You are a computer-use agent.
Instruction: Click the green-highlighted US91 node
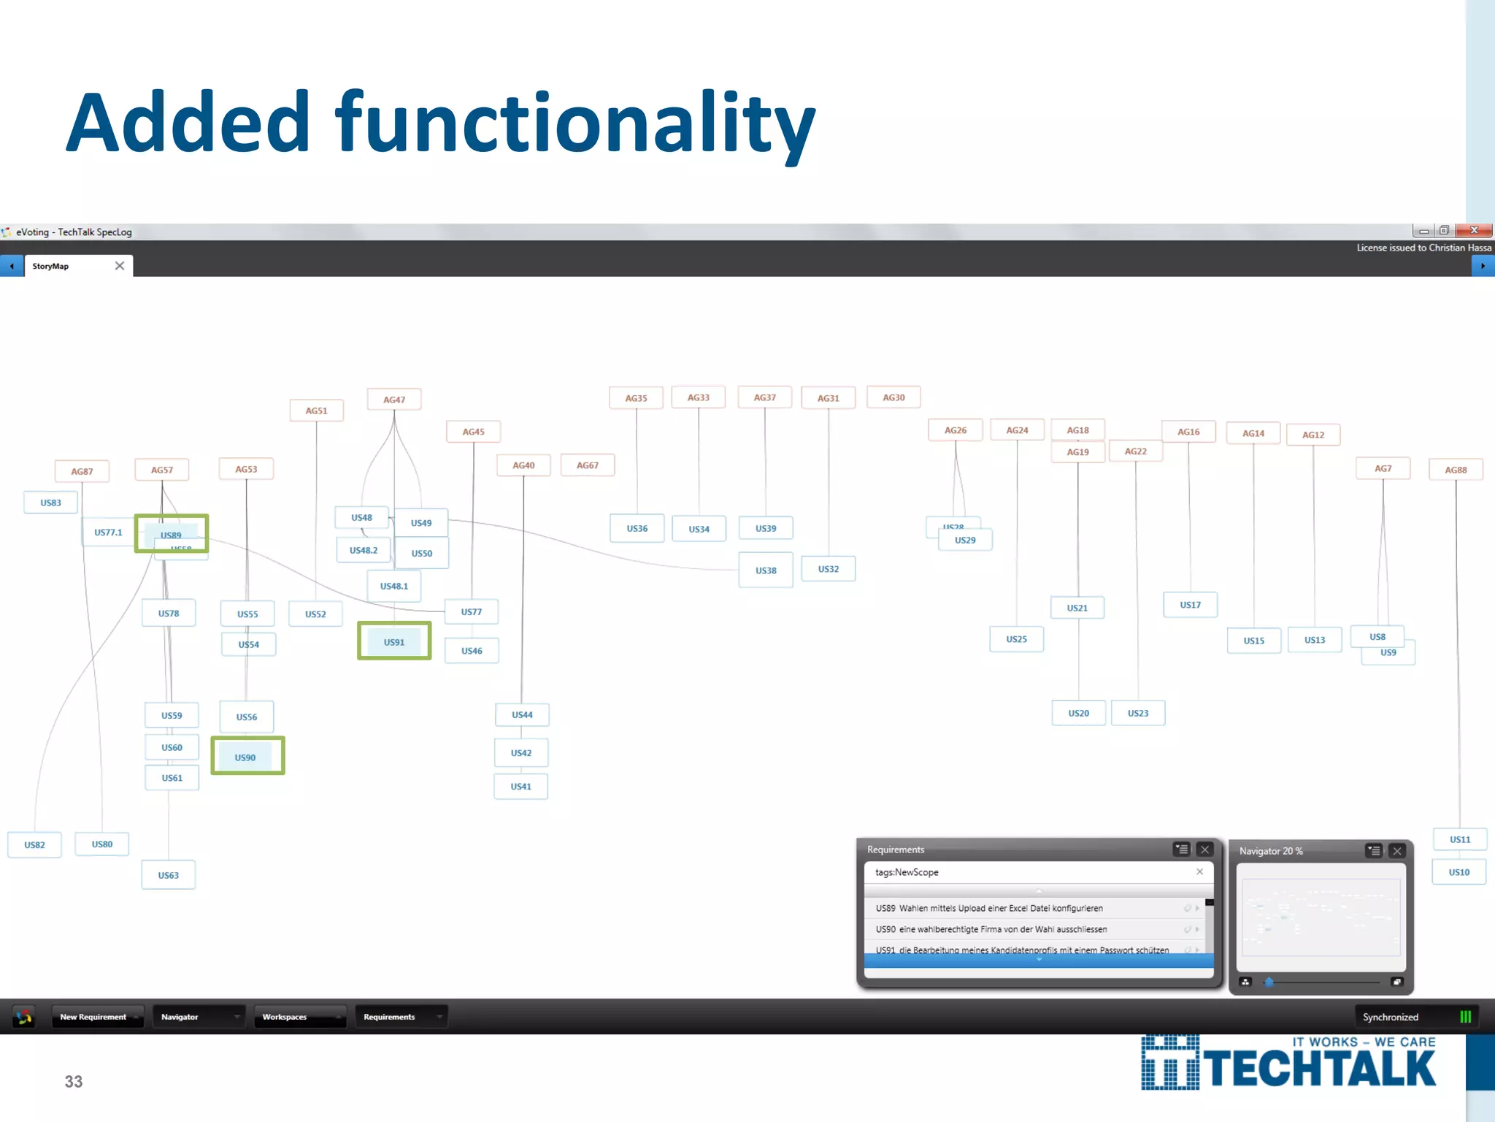394,641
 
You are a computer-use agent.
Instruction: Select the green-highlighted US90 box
247,756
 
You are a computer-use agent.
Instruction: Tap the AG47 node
394,400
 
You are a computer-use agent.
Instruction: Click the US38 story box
766,570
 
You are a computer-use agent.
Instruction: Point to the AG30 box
893,397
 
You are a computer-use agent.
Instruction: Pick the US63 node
169,874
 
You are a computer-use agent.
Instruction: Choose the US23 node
1138,713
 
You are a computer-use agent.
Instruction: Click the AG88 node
1456,470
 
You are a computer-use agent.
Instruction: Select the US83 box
51,503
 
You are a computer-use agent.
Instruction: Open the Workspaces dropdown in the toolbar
299,1017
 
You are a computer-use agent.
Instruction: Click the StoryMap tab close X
120,266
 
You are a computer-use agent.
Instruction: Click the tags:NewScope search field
1029,872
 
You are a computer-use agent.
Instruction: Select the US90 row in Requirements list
1029,929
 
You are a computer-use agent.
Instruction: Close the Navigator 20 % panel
1397,851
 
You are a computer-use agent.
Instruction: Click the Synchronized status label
1390,1017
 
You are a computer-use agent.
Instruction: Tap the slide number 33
74,1082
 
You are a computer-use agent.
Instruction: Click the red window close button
1473,231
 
